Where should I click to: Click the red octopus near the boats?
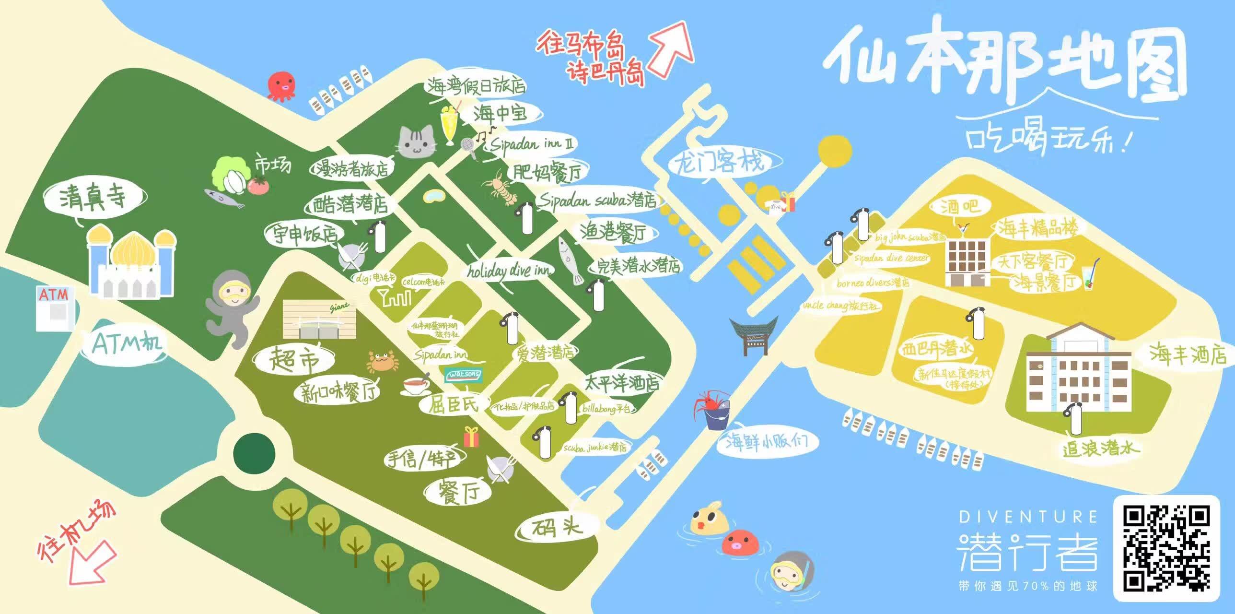pyautogui.click(x=282, y=85)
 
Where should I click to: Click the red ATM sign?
pyautogui.click(x=54, y=294)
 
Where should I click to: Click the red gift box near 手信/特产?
pyautogui.click(x=471, y=437)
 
